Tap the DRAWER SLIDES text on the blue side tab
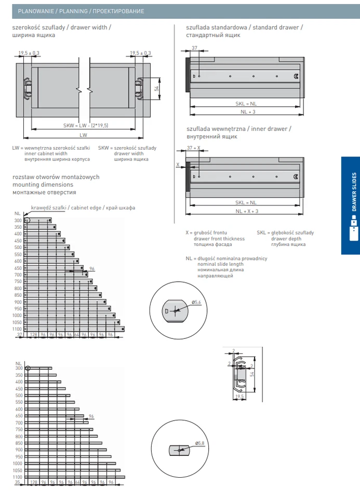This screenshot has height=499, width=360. point(354,191)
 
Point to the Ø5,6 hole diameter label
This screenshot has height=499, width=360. point(196,302)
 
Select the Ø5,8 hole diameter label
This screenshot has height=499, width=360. point(199,442)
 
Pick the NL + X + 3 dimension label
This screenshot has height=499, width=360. point(246,211)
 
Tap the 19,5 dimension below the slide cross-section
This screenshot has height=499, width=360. point(239,396)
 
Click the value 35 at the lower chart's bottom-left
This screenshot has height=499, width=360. point(17,482)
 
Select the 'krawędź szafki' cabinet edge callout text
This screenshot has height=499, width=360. point(48,207)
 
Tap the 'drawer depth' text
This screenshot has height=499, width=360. point(286,239)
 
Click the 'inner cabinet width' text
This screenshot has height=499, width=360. point(46,154)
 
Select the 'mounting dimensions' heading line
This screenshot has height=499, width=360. point(43,185)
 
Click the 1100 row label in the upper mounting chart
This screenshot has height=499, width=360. point(18,329)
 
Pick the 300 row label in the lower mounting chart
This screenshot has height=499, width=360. point(19,368)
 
